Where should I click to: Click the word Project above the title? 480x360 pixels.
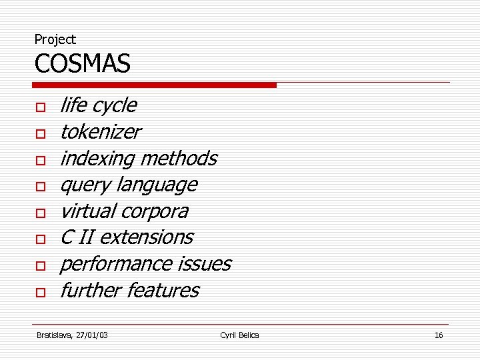[55, 40]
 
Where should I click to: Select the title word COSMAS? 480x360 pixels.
[82, 65]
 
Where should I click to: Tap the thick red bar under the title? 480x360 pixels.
[154, 85]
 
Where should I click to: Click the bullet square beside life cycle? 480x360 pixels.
[41, 107]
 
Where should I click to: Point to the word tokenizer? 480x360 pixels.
[100, 132]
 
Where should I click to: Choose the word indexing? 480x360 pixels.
[97, 159]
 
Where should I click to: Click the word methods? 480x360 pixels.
[179, 159]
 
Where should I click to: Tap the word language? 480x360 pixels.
[157, 185]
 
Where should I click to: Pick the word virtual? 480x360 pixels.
[87, 211]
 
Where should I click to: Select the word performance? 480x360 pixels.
[116, 264]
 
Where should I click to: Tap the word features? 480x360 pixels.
[163, 291]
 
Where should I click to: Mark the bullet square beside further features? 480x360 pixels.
[41, 293]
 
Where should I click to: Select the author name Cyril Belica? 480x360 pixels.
[239, 335]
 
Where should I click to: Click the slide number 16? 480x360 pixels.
[438, 335]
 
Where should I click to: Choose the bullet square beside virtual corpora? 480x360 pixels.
[41, 213]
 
